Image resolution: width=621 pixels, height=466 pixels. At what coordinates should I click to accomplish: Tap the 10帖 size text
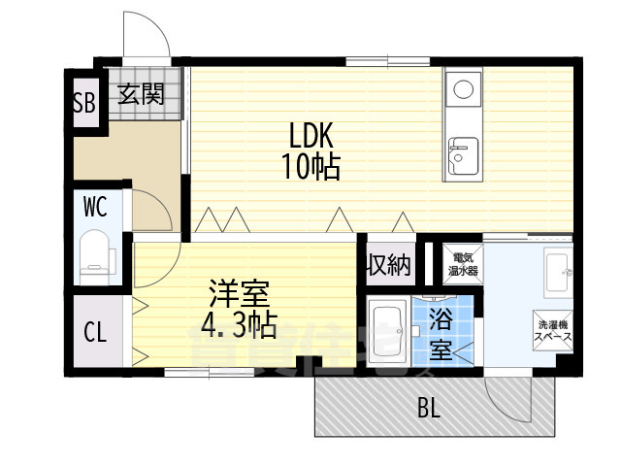(x=310, y=167)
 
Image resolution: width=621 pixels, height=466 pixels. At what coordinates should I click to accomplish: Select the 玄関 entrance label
(x=142, y=95)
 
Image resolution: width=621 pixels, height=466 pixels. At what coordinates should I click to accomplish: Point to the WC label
(x=94, y=207)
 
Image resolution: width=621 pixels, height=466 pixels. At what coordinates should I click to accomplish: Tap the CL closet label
(x=94, y=333)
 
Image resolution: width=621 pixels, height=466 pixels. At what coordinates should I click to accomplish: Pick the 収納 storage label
(x=388, y=264)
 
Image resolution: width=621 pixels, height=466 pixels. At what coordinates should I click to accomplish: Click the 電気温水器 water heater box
(x=463, y=262)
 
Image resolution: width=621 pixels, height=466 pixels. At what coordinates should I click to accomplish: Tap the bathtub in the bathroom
(x=390, y=333)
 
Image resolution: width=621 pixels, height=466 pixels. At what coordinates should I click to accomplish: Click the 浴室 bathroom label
(x=441, y=332)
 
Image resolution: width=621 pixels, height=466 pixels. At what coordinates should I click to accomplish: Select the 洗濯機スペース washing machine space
(x=552, y=330)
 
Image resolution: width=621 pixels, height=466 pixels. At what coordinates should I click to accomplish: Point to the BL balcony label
(x=429, y=409)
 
